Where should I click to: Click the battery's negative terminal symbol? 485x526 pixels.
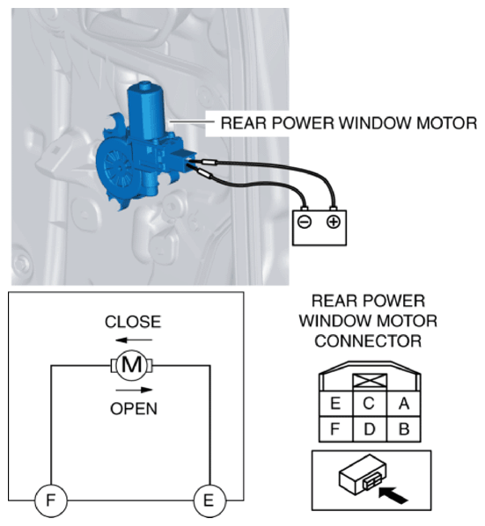[305, 222]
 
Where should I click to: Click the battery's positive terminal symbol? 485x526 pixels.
[334, 222]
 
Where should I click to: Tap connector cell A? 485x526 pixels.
[403, 404]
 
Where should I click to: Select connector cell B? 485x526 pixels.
[403, 429]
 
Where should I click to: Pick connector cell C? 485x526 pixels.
[370, 404]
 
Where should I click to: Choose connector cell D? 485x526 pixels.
[370, 429]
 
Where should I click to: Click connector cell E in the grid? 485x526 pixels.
[335, 404]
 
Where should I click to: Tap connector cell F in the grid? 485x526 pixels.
[335, 429]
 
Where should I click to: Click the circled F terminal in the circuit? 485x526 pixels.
[51, 500]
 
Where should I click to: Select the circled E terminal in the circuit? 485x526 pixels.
[209, 500]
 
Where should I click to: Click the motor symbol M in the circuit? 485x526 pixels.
[131, 365]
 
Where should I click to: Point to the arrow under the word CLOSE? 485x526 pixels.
[134, 340]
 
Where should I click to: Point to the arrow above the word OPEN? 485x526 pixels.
[134, 390]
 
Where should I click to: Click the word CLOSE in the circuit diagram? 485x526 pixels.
[133, 322]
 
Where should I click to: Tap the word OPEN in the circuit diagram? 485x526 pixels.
[134, 409]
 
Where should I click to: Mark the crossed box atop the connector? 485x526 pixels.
[370, 382]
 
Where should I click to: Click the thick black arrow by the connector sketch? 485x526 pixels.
[393, 495]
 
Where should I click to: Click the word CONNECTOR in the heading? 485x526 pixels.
[368, 341]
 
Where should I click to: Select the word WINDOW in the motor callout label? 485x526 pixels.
[374, 123]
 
